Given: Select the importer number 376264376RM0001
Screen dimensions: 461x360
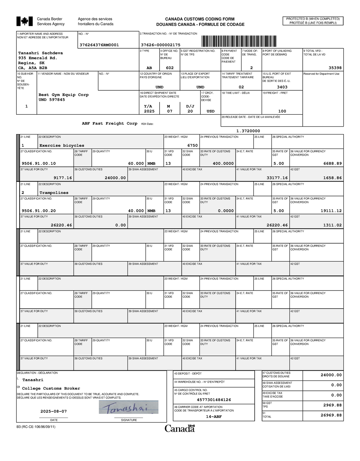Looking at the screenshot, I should coord(99,45).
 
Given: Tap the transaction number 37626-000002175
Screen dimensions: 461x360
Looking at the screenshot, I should coord(160,45).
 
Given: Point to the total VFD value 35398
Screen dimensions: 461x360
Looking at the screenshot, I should coord(335,68).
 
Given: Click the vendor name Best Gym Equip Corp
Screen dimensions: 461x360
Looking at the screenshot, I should coord(64,95).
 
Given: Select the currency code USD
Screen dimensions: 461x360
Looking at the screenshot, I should coord(211,111).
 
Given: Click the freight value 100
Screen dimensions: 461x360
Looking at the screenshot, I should coord(282,111).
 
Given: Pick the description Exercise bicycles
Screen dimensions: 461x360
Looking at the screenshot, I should coord(62,146).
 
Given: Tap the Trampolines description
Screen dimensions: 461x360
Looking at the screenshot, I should coord(54,193).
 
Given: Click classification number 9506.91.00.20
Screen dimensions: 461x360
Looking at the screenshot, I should coord(39,211).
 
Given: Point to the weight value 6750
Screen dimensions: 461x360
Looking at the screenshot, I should coord(193,146).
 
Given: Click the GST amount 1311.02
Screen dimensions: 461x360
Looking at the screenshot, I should coord(332,225).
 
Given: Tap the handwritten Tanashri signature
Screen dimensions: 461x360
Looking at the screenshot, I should coord(128,408).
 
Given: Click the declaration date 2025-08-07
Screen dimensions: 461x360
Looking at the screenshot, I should coord(54,411).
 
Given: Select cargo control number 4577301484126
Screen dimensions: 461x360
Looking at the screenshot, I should coord(214,400).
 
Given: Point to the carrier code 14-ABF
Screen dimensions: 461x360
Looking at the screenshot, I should coord(214,417).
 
